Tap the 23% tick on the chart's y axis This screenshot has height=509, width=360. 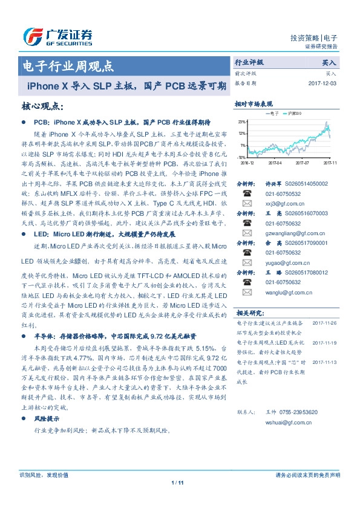pyautogui.click(x=241, y=122)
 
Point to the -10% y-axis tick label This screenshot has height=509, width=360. pyautogui.click(x=241, y=157)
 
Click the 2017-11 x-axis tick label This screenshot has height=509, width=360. pyautogui.click(x=330, y=163)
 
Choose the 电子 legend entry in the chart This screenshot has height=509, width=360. pyautogui.click(x=272, y=113)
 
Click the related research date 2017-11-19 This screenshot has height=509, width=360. pyautogui.click(x=326, y=343)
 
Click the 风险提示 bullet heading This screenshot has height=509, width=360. pyautogui.click(x=47, y=418)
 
